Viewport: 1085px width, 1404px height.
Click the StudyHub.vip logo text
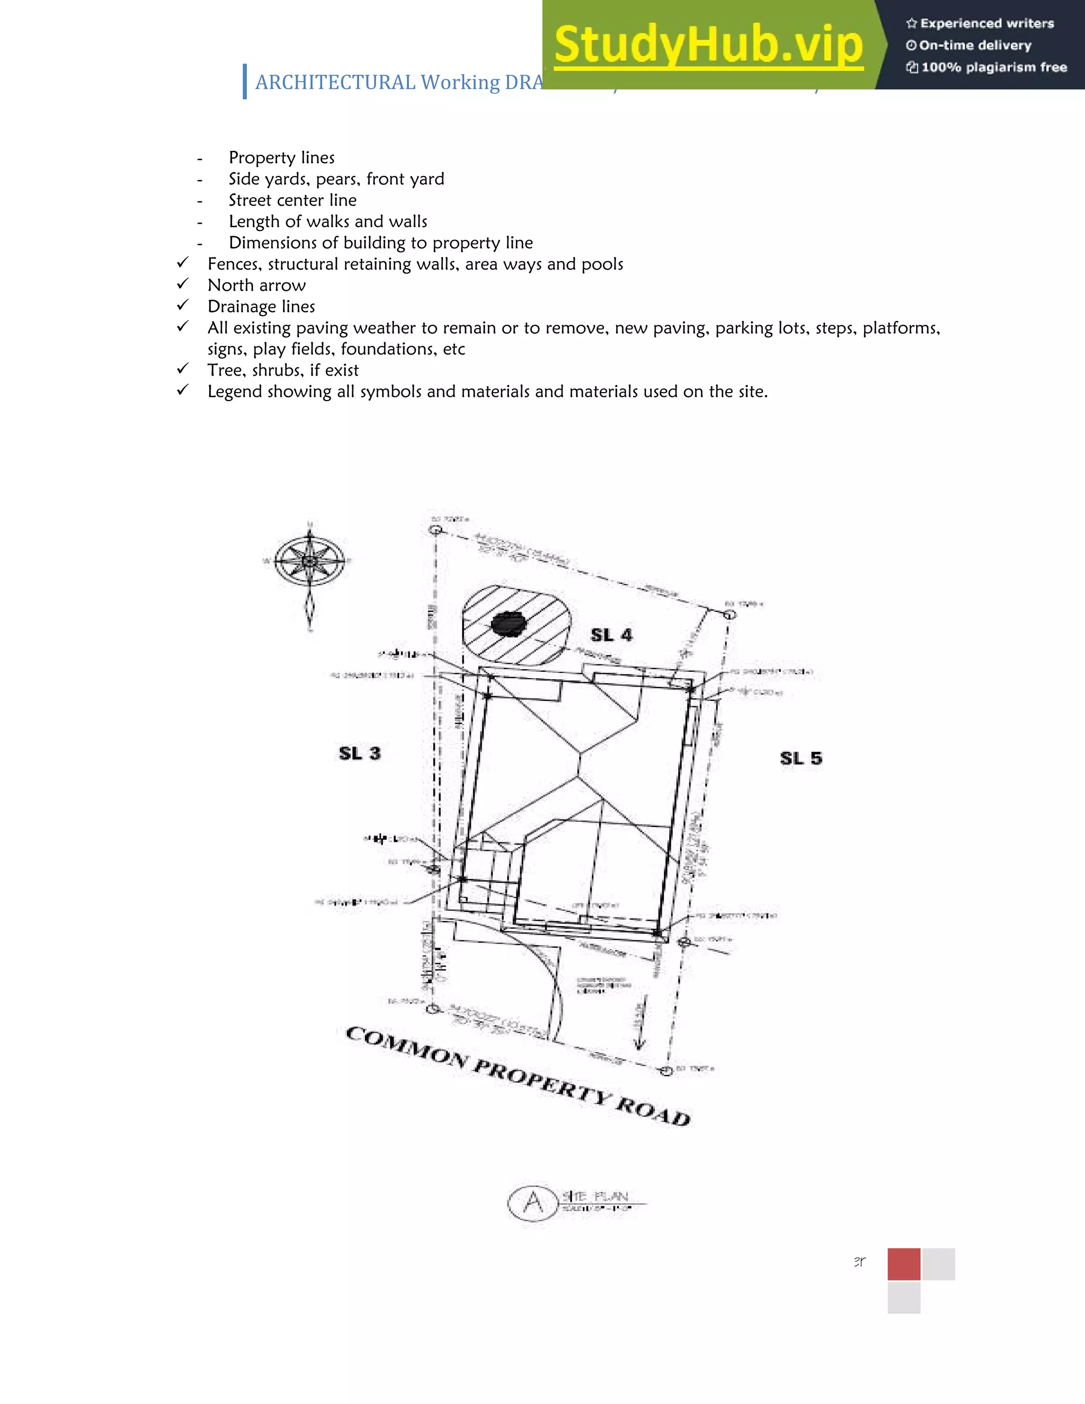(x=708, y=45)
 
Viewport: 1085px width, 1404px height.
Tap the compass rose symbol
(x=310, y=561)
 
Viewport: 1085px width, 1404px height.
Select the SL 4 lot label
(x=611, y=635)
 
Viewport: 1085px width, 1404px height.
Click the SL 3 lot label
(x=359, y=753)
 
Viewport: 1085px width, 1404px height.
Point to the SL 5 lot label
(x=801, y=759)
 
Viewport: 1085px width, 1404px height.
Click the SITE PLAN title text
(x=594, y=1196)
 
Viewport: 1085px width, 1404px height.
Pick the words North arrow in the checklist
(x=256, y=286)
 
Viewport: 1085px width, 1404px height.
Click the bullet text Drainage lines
(x=261, y=307)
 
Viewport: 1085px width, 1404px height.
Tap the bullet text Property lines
(x=281, y=158)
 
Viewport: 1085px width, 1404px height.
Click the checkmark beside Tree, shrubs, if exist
(x=183, y=369)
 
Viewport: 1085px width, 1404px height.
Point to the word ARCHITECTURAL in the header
(x=335, y=82)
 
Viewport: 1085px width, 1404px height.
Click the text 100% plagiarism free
(x=994, y=67)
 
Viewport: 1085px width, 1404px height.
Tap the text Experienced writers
(x=986, y=24)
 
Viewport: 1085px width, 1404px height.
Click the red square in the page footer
(x=904, y=1265)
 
